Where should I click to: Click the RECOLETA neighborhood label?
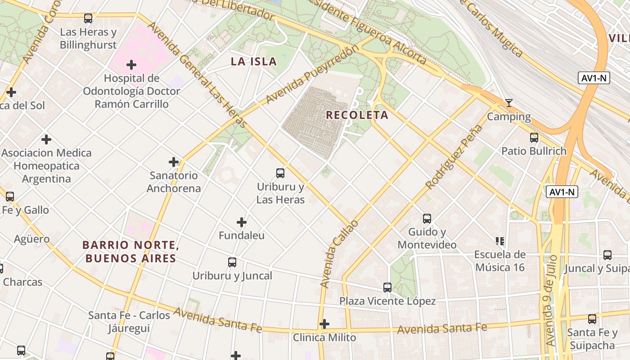pos(357,115)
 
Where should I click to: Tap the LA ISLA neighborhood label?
pos(254,62)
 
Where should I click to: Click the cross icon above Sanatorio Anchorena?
pos(174,162)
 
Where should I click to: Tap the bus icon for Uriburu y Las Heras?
pos(280,173)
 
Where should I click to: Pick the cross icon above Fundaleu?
pos(242,222)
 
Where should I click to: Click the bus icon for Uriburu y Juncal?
pos(232,262)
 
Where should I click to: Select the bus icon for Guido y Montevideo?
pos(427,219)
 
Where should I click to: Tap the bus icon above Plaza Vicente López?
pos(387,287)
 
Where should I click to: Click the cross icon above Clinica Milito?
pos(324,324)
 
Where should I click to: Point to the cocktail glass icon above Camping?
pos(509,103)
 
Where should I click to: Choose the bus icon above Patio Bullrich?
pos(534,137)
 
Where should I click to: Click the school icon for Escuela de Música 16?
pos(500,241)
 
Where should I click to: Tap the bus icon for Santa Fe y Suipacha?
pos(592,319)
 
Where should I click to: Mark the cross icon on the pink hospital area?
pos(131,65)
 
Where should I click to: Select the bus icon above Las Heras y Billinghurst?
pos(88,18)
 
